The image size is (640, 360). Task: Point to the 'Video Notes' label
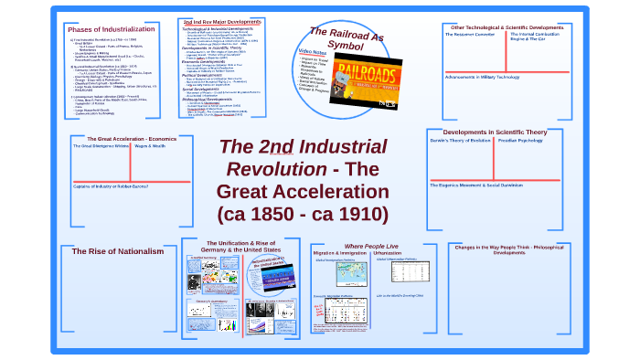click(311, 51)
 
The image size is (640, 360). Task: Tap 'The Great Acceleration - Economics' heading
click(124, 138)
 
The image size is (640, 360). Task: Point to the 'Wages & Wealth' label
click(152, 146)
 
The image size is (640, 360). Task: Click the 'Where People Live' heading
click(370, 247)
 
